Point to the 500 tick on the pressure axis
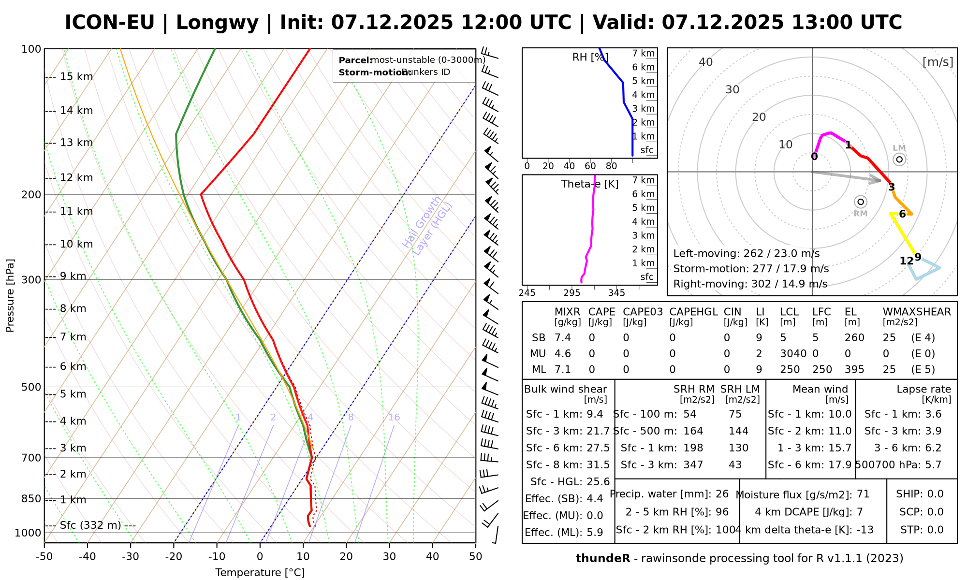tap(31, 387)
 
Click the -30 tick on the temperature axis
tap(131, 556)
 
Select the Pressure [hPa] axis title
tap(10, 295)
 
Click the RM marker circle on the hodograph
tap(861, 202)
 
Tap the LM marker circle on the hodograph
tap(899, 159)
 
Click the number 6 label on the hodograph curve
tap(902, 214)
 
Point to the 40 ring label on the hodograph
tap(706, 62)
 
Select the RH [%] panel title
tap(590, 58)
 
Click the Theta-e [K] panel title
tap(590, 184)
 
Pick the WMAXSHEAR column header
tap(917, 312)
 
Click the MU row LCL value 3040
tap(793, 354)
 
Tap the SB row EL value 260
tap(854, 338)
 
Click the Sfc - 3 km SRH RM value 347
tap(693, 465)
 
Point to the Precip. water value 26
tap(722, 494)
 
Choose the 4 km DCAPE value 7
tap(860, 512)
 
